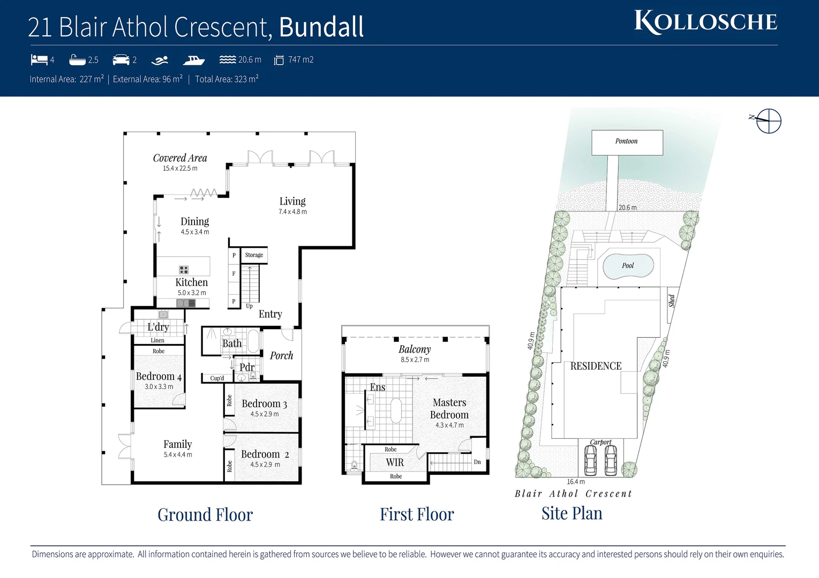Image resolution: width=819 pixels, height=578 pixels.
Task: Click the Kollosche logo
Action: coord(705,22)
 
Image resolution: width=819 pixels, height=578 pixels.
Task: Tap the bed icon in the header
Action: coord(39,59)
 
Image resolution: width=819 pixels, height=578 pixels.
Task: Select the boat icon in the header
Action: coord(193,60)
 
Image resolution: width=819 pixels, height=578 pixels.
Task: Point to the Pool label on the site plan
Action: coord(628,265)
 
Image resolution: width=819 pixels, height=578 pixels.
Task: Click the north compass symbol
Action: coord(768,120)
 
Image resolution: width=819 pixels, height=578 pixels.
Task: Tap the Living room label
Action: coord(292,201)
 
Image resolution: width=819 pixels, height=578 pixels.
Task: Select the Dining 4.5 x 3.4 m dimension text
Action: coord(195,232)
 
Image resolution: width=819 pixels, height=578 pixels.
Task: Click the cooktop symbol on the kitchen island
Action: coord(184,270)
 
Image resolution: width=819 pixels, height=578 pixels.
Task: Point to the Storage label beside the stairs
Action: coord(254,255)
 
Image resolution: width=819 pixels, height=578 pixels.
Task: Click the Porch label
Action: coord(281,355)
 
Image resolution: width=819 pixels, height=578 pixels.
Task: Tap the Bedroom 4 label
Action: coord(159,376)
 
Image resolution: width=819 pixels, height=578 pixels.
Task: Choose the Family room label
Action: coord(177,444)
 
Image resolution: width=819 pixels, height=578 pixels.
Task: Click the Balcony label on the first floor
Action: coord(415,349)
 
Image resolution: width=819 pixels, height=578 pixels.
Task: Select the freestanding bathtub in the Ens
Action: coord(396,410)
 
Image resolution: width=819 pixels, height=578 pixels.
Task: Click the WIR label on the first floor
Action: coord(395,462)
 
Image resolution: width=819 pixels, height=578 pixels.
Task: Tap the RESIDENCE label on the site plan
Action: coord(596,366)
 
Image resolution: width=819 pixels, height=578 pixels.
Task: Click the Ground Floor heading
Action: coord(205,515)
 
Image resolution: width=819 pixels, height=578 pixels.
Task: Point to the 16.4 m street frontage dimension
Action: coord(576,482)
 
